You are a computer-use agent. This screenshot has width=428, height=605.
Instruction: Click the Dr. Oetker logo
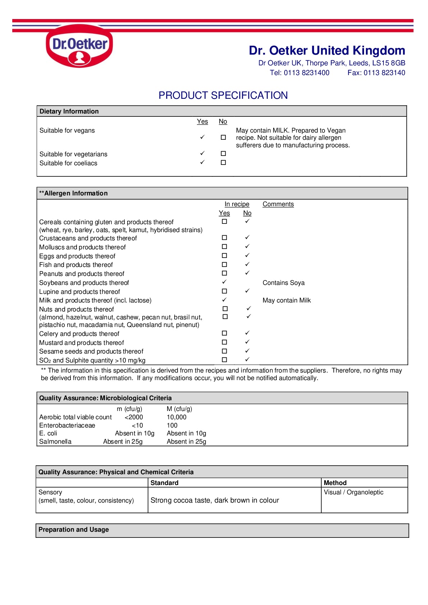click(79, 46)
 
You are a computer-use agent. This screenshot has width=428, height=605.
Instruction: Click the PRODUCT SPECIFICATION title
click(223, 95)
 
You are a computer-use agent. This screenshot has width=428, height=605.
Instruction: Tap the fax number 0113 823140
click(384, 73)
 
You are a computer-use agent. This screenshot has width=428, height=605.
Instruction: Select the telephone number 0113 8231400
click(307, 73)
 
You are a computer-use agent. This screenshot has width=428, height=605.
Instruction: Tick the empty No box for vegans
click(223, 137)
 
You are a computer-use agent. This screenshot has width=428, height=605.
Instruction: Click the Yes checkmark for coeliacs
click(202, 162)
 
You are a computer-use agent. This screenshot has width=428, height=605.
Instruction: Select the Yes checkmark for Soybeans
click(224, 282)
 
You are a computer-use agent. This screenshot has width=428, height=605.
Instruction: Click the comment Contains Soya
click(284, 283)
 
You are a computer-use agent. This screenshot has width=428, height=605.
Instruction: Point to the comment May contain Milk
click(286, 300)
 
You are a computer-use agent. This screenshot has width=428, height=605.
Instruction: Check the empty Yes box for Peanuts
click(224, 273)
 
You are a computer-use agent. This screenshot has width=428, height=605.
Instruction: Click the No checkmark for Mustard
click(247, 342)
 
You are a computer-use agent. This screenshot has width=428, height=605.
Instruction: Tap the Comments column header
click(278, 204)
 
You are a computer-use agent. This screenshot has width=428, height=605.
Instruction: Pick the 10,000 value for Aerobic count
click(176, 417)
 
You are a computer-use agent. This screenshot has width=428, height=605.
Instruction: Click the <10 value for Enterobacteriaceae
click(137, 425)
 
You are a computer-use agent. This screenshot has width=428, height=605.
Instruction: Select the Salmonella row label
click(55, 442)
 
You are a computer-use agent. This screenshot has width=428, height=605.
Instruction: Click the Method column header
click(335, 483)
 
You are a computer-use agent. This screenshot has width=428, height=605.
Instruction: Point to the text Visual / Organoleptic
click(354, 492)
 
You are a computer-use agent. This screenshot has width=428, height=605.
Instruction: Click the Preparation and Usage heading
click(74, 530)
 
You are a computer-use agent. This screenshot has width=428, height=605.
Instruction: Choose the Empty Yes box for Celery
click(224, 333)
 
